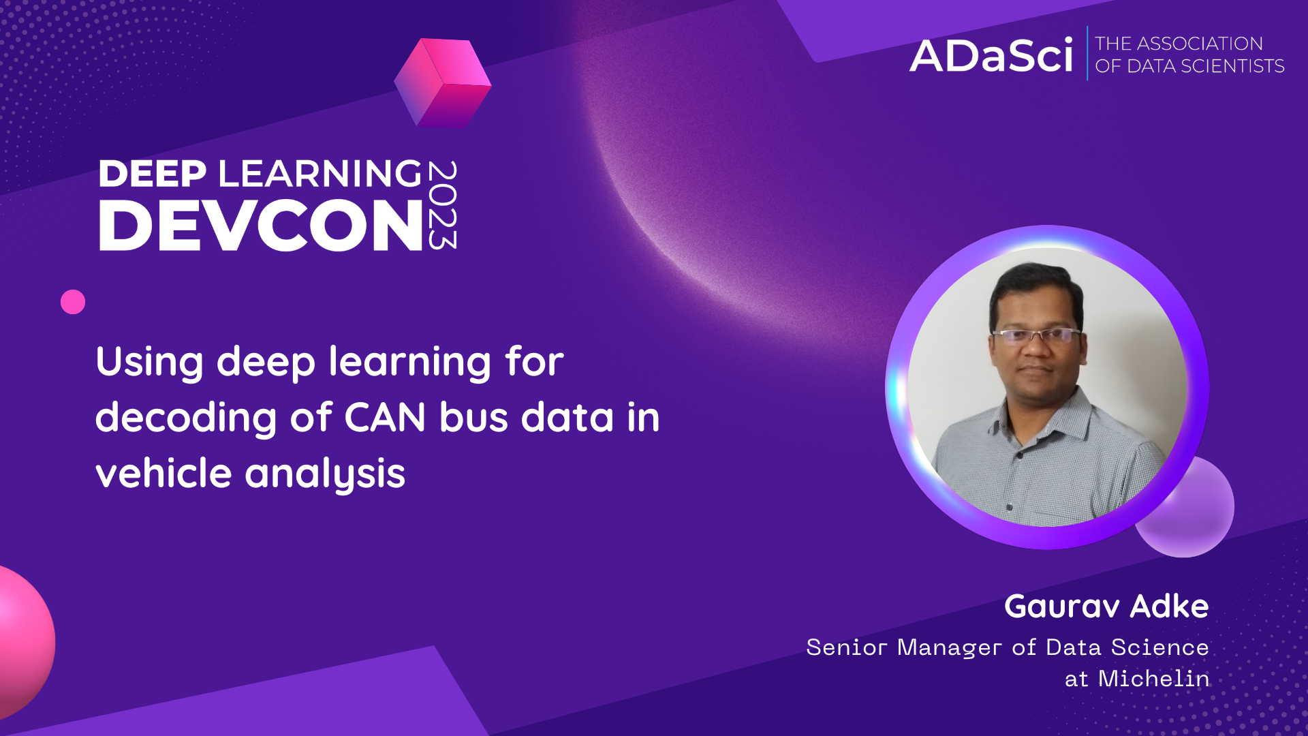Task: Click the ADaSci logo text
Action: click(x=991, y=56)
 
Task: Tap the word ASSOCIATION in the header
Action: click(x=1200, y=44)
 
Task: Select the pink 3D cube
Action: click(x=443, y=83)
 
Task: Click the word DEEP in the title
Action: click(x=153, y=174)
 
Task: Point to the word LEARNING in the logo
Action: click(x=320, y=174)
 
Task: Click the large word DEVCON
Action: click(x=261, y=226)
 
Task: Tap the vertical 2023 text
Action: click(x=443, y=205)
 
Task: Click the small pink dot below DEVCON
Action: click(x=73, y=302)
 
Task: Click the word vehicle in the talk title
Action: click(x=163, y=473)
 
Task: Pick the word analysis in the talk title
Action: click(x=325, y=474)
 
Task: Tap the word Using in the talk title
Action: click(x=149, y=362)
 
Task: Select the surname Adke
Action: click(x=1169, y=607)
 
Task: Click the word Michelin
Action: click(x=1153, y=679)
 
